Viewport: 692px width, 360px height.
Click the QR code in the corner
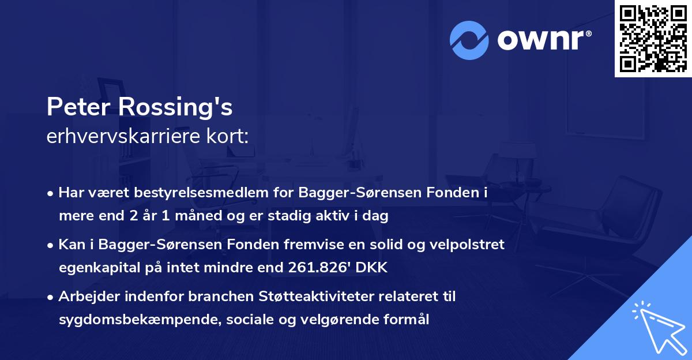click(653, 39)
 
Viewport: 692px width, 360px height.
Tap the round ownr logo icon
click(469, 40)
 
